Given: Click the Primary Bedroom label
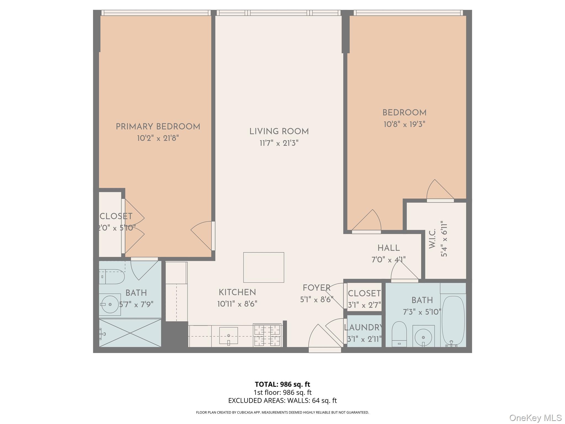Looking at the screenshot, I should click(x=158, y=127).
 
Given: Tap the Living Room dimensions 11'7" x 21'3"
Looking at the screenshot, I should click(x=279, y=143).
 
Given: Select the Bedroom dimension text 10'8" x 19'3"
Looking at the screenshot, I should click(x=404, y=124).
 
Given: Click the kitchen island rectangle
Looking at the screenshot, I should click(x=263, y=267).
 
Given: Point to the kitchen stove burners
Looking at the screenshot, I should click(x=267, y=335).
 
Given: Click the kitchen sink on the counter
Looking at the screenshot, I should click(x=228, y=336).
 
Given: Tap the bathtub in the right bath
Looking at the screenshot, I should click(x=453, y=320).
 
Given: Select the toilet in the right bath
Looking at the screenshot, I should click(x=399, y=332).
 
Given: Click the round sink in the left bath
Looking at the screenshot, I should click(x=110, y=304).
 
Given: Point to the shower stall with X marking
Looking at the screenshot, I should click(x=130, y=333).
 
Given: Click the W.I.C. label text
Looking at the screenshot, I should click(x=432, y=239).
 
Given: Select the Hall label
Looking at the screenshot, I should click(x=388, y=248).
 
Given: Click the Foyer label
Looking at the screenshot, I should click(x=316, y=288).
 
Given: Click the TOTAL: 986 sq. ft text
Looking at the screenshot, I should click(x=282, y=384).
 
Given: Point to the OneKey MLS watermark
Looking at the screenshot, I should click(x=535, y=418).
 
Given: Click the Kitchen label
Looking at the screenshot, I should click(x=237, y=292).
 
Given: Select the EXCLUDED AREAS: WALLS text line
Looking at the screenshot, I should click(x=282, y=401).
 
